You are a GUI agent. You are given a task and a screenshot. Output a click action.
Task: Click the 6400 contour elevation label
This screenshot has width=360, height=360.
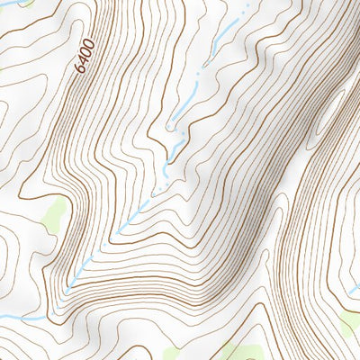(x=85, y=58)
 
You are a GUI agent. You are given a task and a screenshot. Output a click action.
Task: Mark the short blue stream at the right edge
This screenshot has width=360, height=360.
(x=354, y=290)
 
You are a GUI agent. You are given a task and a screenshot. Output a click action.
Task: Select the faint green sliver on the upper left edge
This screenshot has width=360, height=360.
(x=3, y=67)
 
